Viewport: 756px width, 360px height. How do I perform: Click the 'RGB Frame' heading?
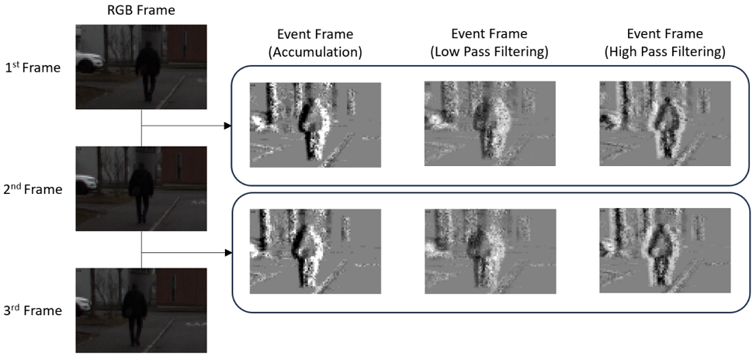(x=141, y=10)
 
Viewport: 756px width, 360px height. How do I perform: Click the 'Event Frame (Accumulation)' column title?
(x=314, y=43)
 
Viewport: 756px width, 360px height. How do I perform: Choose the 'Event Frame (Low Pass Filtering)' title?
(x=489, y=43)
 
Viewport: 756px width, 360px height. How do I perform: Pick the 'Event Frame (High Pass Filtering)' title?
(x=664, y=43)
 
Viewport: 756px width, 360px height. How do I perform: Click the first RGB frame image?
(x=141, y=67)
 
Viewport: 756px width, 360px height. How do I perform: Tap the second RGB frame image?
(x=141, y=189)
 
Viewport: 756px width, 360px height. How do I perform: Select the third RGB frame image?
(x=141, y=311)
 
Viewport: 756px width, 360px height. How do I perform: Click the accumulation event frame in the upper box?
(x=314, y=124)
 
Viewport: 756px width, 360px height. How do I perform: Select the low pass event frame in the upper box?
(x=489, y=124)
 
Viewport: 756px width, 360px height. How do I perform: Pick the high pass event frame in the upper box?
(x=664, y=124)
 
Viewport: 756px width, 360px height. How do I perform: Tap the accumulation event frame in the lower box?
(x=314, y=252)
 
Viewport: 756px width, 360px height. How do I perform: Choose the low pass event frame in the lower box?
(x=489, y=252)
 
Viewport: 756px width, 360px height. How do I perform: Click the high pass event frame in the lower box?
(x=664, y=252)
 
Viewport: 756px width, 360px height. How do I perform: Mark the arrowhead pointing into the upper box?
(x=227, y=125)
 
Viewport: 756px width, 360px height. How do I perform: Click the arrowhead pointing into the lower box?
(x=227, y=253)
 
